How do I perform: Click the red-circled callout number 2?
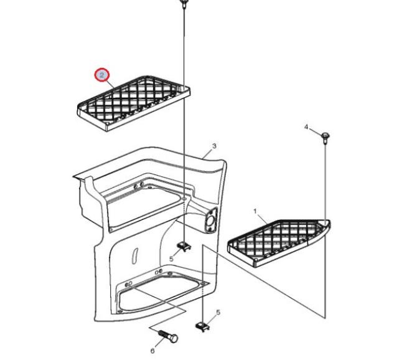click(102, 75)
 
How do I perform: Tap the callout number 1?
click(255, 212)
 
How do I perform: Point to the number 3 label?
click(214, 146)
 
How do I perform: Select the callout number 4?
click(306, 127)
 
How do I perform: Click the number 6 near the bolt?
click(152, 351)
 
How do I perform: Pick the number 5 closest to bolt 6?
click(218, 312)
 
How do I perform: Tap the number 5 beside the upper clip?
click(171, 258)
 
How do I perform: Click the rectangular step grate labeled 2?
click(134, 103)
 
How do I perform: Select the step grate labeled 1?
click(279, 243)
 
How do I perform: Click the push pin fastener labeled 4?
click(325, 137)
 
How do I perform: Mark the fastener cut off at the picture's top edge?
click(184, 3)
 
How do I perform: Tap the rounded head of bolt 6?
click(174, 339)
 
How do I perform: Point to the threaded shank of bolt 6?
click(164, 334)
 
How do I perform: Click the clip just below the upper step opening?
click(185, 247)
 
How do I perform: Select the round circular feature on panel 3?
click(210, 220)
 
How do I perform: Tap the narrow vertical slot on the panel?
click(135, 256)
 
